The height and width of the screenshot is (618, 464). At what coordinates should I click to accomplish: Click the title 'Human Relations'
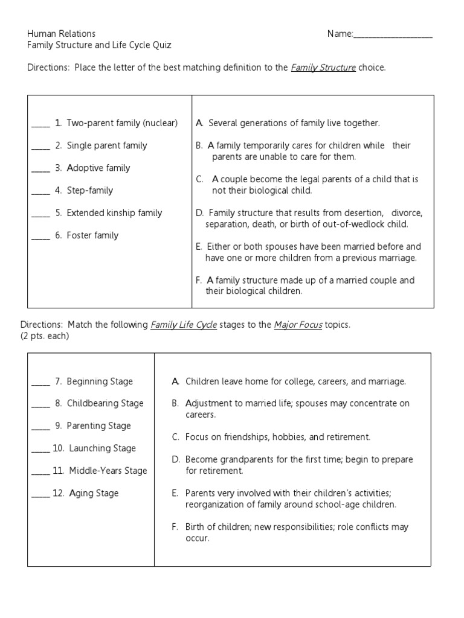click(61, 34)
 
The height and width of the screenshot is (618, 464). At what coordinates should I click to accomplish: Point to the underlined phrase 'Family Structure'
click(323, 68)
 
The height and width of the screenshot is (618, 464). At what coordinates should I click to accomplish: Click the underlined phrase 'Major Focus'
click(298, 325)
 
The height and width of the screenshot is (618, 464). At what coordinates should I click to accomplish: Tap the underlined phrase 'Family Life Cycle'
click(183, 325)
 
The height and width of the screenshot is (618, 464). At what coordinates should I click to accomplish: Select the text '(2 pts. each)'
click(44, 336)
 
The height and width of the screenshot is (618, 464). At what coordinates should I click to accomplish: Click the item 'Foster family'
click(92, 235)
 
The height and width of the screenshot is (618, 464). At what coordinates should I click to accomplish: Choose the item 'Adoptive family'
click(98, 168)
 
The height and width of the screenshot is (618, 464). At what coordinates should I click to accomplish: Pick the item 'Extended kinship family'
click(114, 212)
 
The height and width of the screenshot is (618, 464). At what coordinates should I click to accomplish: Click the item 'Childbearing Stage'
click(105, 403)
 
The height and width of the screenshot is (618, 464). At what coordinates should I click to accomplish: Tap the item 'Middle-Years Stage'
click(108, 471)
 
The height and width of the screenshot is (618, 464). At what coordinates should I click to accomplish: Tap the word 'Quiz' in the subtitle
click(161, 45)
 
